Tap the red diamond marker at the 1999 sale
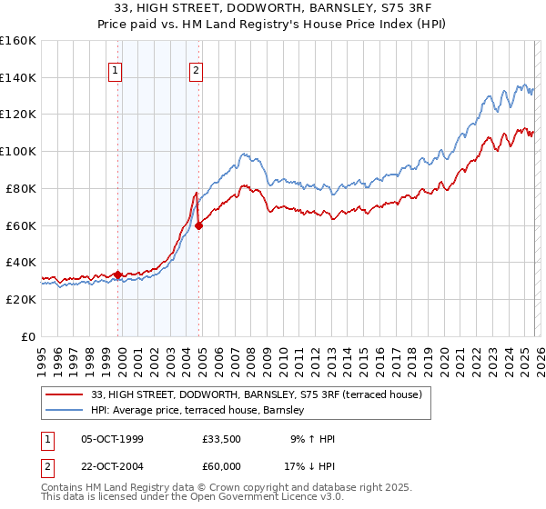click(118, 274)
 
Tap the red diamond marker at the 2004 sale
click(199, 225)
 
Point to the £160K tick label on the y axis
click(17, 41)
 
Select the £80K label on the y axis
click(20, 188)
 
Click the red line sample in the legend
click(66, 395)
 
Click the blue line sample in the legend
click(66, 412)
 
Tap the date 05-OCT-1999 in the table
click(118, 440)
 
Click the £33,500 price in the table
click(224, 440)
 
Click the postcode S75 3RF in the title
click(389, 9)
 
